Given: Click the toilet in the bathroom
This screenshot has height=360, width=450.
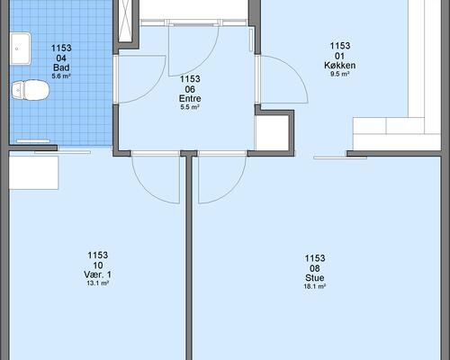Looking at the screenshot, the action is pos(31,90).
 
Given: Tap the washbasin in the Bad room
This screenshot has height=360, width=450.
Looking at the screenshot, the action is pos(21,49).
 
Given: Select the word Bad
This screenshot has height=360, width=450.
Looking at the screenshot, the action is pos(61,67).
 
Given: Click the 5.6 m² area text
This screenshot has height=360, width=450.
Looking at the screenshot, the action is pos(61,76).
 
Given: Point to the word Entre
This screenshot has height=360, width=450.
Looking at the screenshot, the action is pos(190,98).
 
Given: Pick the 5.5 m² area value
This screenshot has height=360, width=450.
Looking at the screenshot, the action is pos(190,107).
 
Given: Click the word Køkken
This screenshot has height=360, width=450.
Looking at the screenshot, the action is pos(340,66).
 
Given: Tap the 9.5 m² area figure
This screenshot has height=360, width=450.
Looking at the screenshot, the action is pos(340,74).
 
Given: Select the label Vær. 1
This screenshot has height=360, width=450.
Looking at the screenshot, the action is pos(97,274).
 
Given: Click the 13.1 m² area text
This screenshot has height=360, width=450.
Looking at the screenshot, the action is pos(97,283).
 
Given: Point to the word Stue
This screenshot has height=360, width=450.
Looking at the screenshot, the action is pos(315,277).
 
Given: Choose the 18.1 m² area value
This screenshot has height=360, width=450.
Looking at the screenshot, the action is pos(315,286).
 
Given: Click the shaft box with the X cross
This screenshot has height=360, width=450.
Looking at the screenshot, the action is pos(125,21).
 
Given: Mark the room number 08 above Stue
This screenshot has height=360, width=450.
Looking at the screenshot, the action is pos(315,268).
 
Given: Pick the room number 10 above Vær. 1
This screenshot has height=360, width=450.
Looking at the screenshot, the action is pos(98,265).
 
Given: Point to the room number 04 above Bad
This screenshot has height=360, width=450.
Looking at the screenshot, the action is pos(61,58).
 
